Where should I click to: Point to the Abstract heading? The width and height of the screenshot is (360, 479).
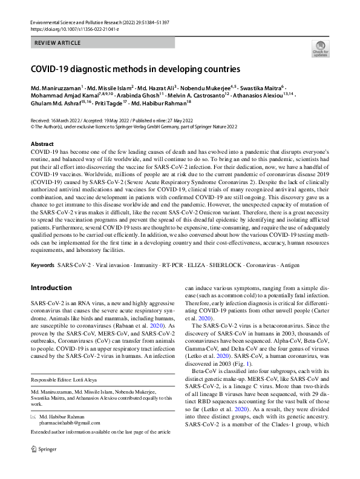click(x=42, y=144)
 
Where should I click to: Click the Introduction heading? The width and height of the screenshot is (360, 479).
click(x=51, y=287)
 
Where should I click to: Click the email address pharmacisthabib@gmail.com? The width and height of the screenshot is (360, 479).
click(x=71, y=442)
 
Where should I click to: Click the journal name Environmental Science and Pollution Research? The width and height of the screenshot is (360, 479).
click(x=82, y=22)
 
